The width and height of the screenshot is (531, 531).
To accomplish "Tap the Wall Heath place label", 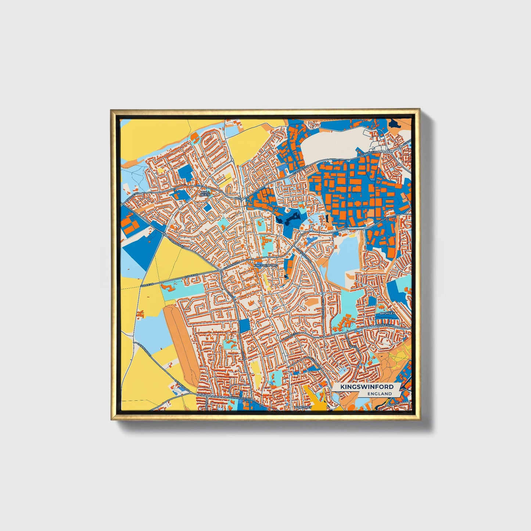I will point(205,193).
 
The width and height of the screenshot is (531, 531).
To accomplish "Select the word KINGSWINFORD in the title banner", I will point(367,387).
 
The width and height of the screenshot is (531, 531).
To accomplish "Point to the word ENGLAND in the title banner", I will point(380,394).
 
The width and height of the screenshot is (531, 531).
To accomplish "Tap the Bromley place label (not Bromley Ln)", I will point(387,313).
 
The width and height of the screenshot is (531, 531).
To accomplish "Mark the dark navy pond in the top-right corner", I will point(395,123).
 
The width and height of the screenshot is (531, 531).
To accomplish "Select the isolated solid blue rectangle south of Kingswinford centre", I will point(244,325).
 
